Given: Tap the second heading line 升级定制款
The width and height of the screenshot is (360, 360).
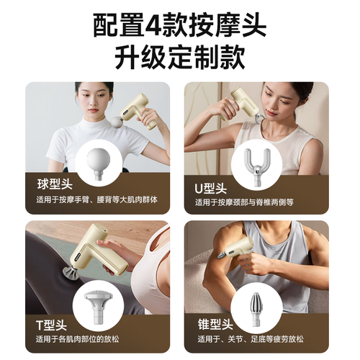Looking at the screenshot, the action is pyautogui.click(x=179, y=58).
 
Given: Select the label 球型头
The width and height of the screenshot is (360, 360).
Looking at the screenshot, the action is pyautogui.click(x=55, y=184).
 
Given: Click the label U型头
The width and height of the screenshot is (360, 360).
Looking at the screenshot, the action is pyautogui.click(x=210, y=189).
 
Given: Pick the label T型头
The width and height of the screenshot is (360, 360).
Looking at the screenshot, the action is pyautogui.click(x=51, y=325).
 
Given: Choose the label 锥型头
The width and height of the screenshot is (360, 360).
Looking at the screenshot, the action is pyautogui.click(x=215, y=325).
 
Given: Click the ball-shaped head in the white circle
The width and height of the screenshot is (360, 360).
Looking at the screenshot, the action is pyautogui.click(x=99, y=163).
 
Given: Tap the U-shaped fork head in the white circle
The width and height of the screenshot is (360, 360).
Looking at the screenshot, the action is pyautogui.click(x=257, y=167).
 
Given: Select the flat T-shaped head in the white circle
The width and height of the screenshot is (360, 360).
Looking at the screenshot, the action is pyautogui.click(x=99, y=307).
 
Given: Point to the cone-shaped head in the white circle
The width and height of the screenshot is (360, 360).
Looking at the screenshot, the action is pyautogui.click(x=256, y=310).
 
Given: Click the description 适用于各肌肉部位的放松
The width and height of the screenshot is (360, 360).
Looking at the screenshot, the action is pyautogui.click(x=77, y=339).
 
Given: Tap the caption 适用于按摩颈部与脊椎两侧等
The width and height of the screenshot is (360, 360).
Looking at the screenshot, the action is pyautogui.click(x=244, y=202).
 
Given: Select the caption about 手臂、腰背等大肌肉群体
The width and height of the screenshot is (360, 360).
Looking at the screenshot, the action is pyautogui.click(x=97, y=199).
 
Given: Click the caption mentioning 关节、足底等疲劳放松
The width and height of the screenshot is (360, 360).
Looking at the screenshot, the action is pyautogui.click(x=251, y=339).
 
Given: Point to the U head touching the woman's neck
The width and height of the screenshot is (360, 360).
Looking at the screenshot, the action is pyautogui.click(x=260, y=118).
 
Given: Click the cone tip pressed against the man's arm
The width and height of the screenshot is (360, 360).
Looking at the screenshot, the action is pyautogui.click(x=221, y=255).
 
